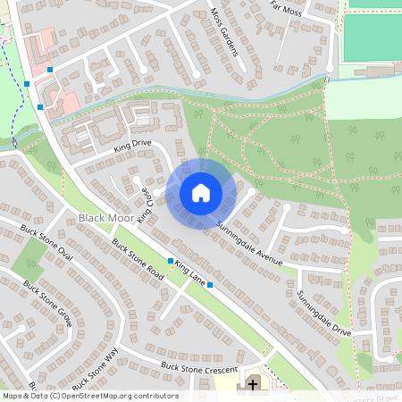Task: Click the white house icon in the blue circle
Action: pos(201,192)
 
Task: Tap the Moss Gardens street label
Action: pos(225,33)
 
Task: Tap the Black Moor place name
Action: pos(104,219)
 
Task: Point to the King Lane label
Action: pos(190,273)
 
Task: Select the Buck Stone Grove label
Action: pos(46,303)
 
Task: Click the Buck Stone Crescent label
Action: pos(198,367)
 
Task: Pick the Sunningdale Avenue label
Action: pos(249,243)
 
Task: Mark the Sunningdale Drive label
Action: pos(324,313)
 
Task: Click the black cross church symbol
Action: pos(253,385)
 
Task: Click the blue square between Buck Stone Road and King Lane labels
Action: pos(170,261)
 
